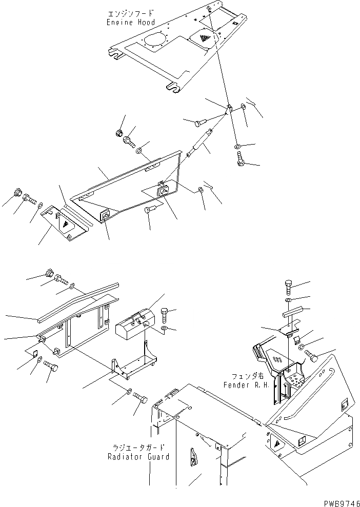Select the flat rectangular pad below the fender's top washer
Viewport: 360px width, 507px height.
tap(292, 312)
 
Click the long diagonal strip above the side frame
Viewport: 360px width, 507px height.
tap(77, 302)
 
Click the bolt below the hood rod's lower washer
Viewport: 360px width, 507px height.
tap(240, 160)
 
